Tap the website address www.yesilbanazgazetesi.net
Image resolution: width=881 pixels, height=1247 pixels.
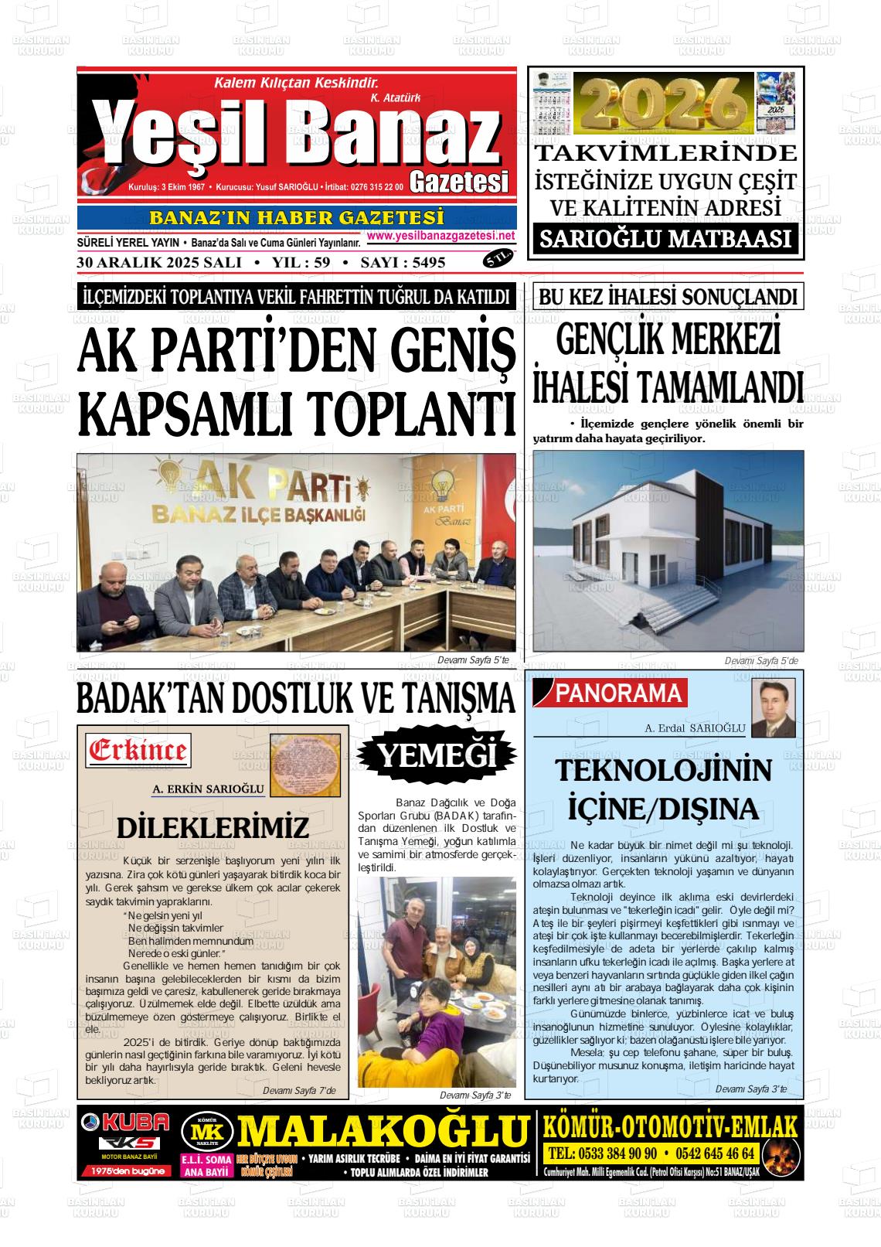[x=440, y=236]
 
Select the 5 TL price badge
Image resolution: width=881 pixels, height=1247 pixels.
[x=498, y=260]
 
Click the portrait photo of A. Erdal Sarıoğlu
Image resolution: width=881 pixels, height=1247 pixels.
[x=774, y=708]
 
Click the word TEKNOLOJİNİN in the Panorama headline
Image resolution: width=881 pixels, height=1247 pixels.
[x=663, y=771]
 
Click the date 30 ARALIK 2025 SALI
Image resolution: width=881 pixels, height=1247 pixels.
[x=159, y=262]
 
